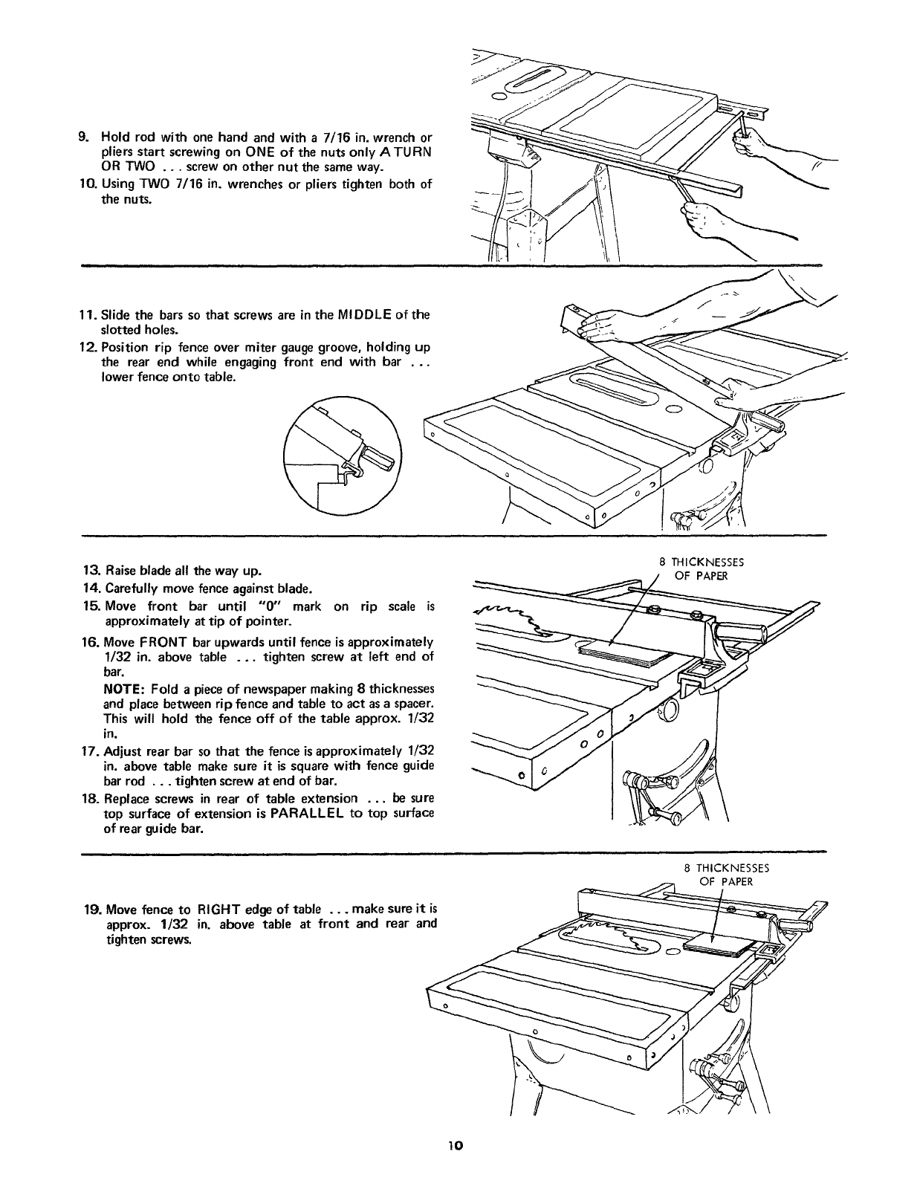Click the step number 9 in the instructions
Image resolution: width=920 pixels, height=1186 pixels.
[84, 137]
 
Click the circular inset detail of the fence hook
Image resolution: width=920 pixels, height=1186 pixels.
[342, 454]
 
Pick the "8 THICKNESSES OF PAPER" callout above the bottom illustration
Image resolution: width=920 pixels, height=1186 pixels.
[726, 874]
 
